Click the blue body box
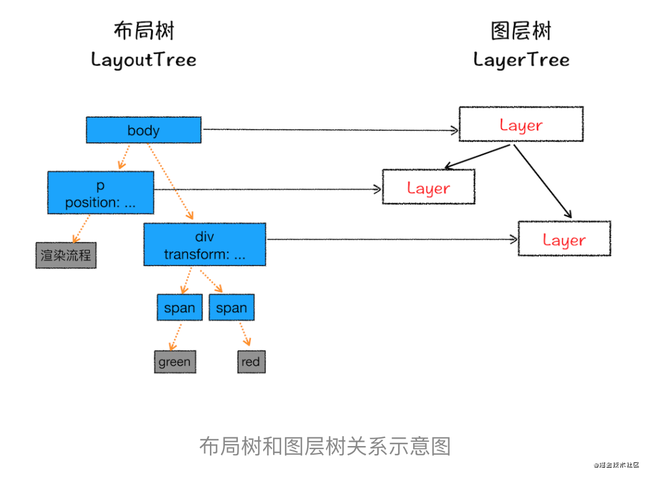click(144, 130)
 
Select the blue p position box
click(100, 193)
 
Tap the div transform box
click(204, 244)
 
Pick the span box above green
click(180, 307)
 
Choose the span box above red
click(232, 307)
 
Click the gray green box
click(175, 362)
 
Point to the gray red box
click(251, 362)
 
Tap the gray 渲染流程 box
click(66, 255)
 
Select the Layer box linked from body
click(521, 124)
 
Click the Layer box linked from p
click(429, 186)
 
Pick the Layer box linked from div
click(564, 239)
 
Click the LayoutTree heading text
click(144, 60)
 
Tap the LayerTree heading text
click(521, 60)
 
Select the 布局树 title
click(144, 30)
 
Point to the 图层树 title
click(521, 30)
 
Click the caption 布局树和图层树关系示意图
click(325, 446)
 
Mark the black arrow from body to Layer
click(331, 130)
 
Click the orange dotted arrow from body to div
click(170, 182)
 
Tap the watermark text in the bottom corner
click(616, 465)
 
